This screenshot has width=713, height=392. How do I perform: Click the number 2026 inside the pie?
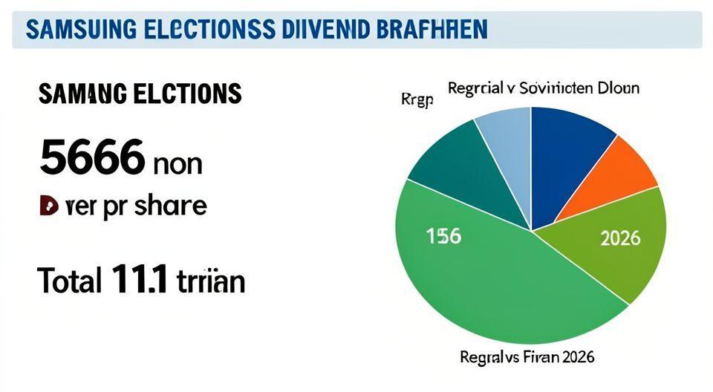tap(619, 239)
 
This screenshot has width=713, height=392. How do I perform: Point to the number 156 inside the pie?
tap(443, 237)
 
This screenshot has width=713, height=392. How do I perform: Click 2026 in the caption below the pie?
tap(577, 357)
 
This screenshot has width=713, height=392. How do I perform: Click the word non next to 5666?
tap(177, 163)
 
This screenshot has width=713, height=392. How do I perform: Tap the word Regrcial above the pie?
tap(475, 88)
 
